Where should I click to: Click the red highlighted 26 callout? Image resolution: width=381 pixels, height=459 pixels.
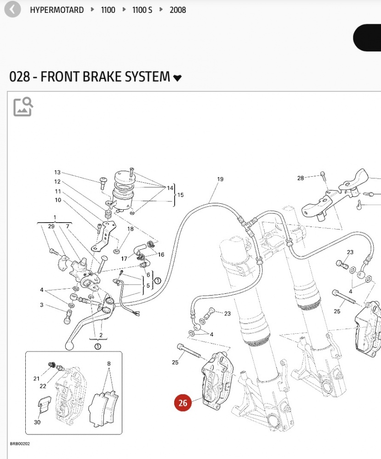coord(183,403)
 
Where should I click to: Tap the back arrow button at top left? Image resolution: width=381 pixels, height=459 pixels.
coord(12,9)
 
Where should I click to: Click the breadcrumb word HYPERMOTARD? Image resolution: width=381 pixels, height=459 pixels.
coord(57,10)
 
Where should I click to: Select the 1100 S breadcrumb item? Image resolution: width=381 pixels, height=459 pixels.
coord(142,10)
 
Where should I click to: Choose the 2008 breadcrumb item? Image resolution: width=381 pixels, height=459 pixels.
coord(178,10)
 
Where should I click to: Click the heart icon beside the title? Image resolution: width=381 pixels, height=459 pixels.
coord(177,78)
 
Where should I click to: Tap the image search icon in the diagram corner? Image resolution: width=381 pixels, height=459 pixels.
coord(23,106)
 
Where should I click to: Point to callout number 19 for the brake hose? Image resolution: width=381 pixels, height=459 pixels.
coord(220,179)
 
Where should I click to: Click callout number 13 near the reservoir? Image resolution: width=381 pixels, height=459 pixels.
coord(57,173)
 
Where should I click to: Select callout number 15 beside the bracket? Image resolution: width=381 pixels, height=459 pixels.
coord(180,195)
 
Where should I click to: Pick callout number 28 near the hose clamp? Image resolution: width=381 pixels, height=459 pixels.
coord(301,178)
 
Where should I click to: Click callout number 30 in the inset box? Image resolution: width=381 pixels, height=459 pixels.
coord(37,422)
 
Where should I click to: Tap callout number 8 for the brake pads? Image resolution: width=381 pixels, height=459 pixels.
coord(108,364)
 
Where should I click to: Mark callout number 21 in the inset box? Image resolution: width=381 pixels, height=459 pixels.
coord(37,379)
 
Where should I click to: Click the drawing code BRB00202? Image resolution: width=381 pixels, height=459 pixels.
coord(20,444)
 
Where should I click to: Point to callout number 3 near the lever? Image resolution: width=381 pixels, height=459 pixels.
coord(41,305)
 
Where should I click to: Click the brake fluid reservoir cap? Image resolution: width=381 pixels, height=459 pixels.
coord(123,176)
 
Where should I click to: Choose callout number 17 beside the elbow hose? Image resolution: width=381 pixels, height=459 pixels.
coord(124,259)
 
